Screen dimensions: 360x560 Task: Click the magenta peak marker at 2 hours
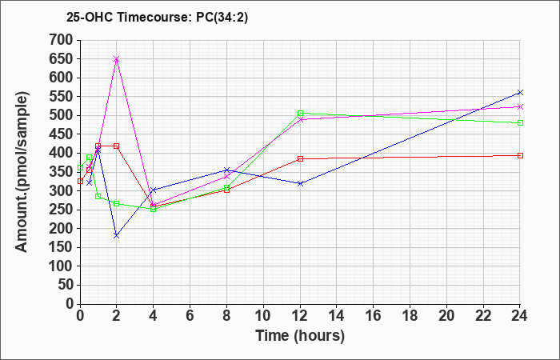[117, 59]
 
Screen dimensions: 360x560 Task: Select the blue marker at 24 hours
[520, 93]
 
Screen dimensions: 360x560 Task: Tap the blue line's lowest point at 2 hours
[117, 235]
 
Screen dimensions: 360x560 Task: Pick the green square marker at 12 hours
[300, 114]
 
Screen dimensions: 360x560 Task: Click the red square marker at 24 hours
[520, 155]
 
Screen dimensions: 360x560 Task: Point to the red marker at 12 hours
[300, 158]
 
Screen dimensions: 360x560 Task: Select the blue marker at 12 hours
[300, 183]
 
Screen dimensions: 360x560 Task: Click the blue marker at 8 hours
[226, 170]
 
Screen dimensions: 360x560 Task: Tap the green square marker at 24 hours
[520, 122]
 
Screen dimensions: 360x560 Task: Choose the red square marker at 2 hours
[117, 146]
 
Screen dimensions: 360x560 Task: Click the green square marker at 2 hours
[117, 203]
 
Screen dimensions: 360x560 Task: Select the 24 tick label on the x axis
[520, 316]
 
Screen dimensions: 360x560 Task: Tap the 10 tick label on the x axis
[263, 316]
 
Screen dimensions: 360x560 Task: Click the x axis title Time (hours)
[300, 336]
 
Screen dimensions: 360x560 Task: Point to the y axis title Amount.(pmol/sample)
[23, 172]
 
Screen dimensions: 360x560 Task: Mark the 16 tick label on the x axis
[374, 316]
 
